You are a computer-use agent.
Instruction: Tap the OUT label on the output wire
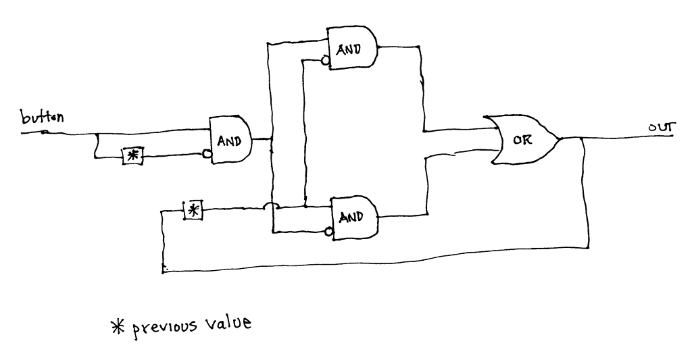coord(659,127)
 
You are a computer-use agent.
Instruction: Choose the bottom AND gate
coord(352,217)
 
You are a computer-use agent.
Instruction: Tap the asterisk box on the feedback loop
coord(193,210)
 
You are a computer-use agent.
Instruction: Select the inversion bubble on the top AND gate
coord(324,62)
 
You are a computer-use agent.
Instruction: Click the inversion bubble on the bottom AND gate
coord(329,232)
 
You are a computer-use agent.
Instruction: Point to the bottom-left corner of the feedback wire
coord(164,270)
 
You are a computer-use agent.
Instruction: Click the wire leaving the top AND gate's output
coord(399,47)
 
